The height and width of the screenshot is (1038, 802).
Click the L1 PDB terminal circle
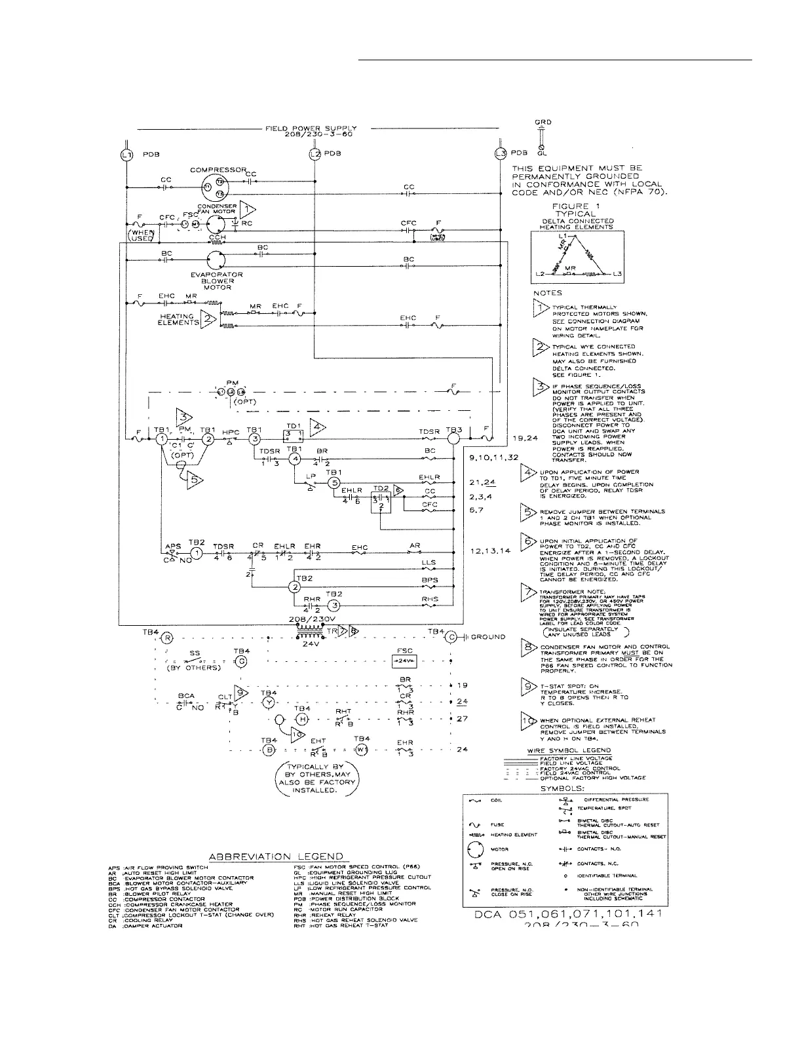[x=126, y=154]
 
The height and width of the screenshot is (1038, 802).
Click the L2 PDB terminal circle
[x=315, y=154]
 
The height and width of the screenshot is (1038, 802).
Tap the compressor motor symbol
[x=214, y=187]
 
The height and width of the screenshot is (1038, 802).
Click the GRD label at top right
[x=543, y=122]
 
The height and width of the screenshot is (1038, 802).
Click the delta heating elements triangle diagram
[x=578, y=258]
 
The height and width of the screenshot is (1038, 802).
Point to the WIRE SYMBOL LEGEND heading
[x=569, y=750]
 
